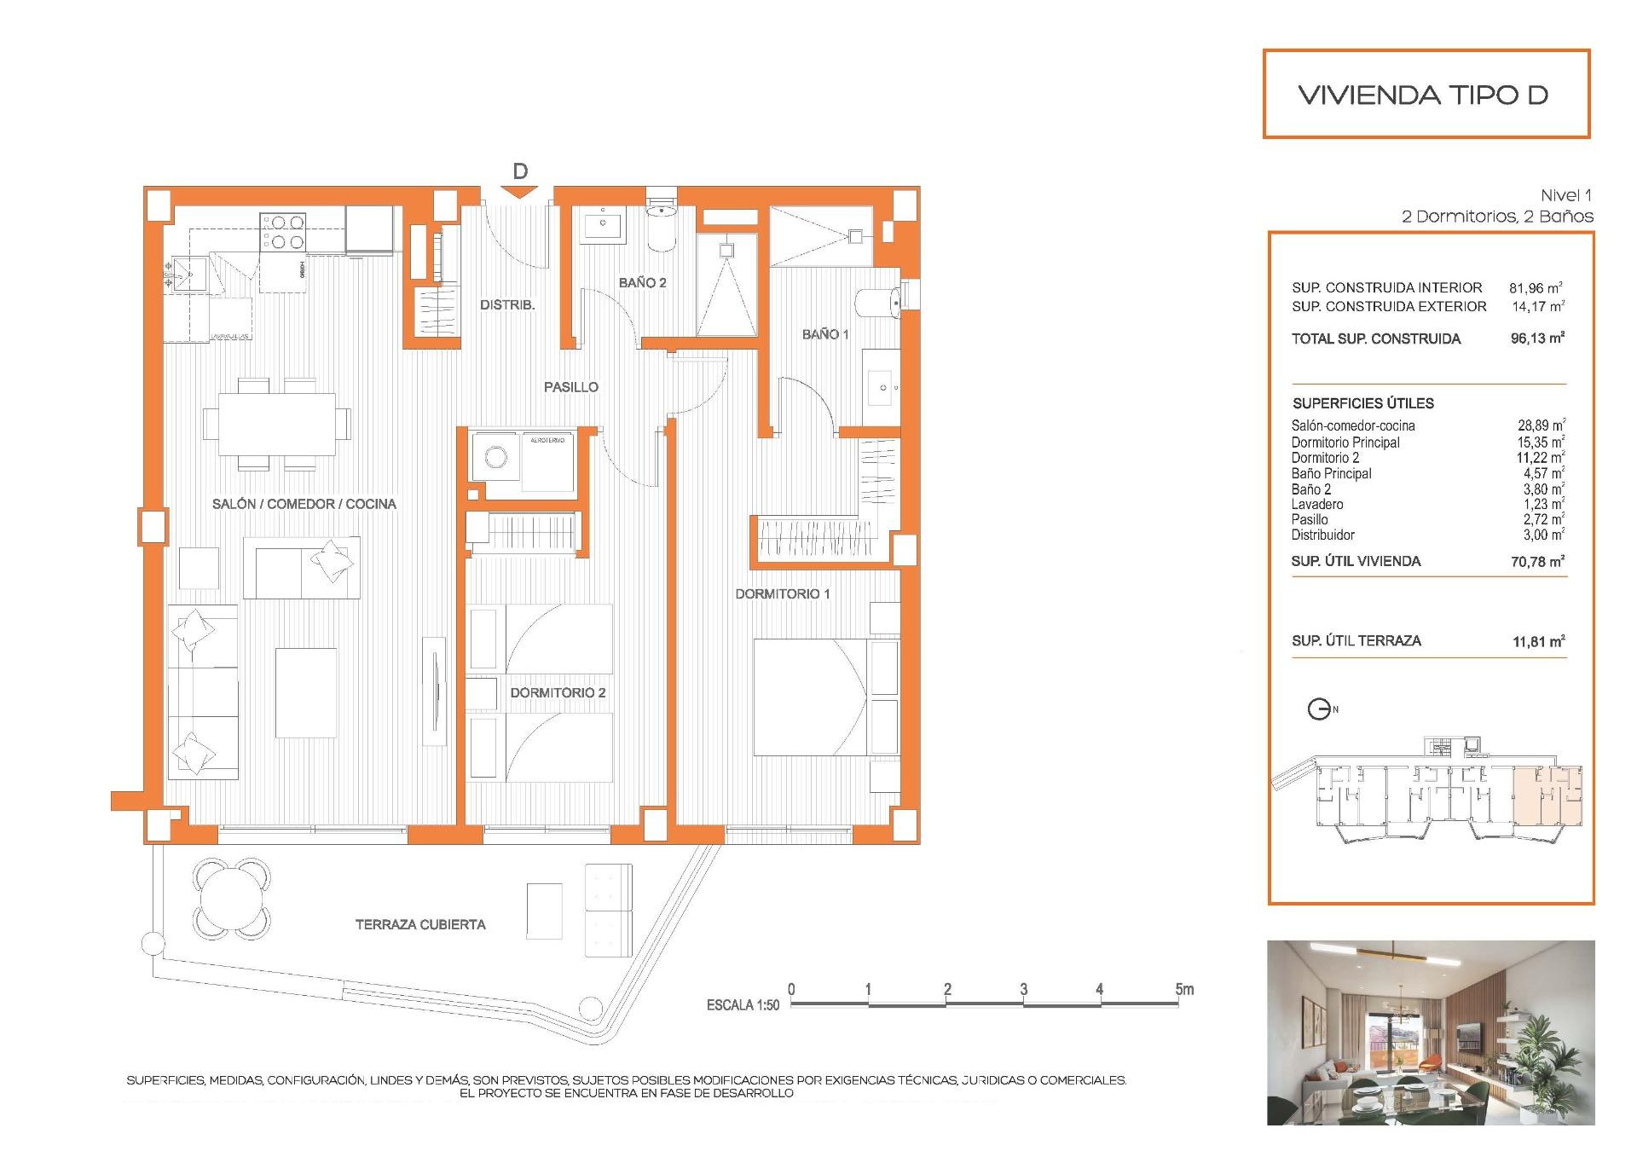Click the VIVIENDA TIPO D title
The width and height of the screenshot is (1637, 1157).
pyautogui.click(x=1423, y=95)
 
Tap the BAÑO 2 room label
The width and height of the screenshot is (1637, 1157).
pyautogui.click(x=642, y=282)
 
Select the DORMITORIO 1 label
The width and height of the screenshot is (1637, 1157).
pyautogui.click(x=782, y=593)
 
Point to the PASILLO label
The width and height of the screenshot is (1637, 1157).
pyautogui.click(x=570, y=387)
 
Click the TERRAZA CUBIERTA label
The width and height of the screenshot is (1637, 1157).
pyautogui.click(x=420, y=924)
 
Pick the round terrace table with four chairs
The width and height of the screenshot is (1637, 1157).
pyautogui.click(x=233, y=897)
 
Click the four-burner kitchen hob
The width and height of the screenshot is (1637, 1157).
pyautogui.click(x=284, y=232)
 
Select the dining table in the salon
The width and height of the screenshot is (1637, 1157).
pyautogui.click(x=276, y=424)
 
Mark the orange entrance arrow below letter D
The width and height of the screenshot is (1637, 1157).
pyautogui.click(x=519, y=192)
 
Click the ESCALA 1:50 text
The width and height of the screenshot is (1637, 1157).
pyautogui.click(x=743, y=1005)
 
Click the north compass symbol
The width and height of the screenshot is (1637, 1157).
pyautogui.click(x=1320, y=709)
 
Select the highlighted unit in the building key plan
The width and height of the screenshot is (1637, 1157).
pyautogui.click(x=1547, y=797)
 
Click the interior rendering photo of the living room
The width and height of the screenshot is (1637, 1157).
pyautogui.click(x=1430, y=1033)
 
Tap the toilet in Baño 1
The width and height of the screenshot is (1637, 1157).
pyautogui.click(x=875, y=303)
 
